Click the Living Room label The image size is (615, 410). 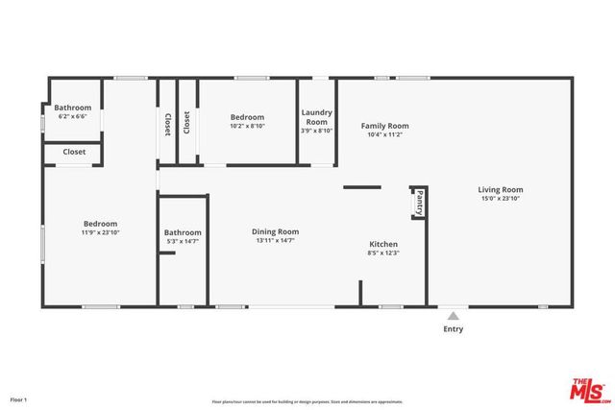click(501, 189)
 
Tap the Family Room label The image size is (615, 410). click(384, 126)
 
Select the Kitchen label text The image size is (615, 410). click(382, 244)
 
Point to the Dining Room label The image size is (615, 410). click(275, 231)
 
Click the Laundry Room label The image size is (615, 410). click(317, 117)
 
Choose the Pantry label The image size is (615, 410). click(419, 203)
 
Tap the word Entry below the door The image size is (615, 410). click(453, 329)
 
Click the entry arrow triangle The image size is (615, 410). click(453, 313)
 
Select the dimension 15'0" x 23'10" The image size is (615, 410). click(501, 200)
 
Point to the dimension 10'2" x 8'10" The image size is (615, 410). click(247, 125)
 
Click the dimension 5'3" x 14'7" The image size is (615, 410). click(183, 242)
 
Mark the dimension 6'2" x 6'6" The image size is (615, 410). click(72, 116)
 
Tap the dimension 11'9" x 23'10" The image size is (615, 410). click(100, 232)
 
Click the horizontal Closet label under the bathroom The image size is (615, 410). click(74, 152)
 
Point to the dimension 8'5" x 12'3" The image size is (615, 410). click(382, 253)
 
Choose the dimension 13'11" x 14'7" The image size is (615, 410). click(275, 241)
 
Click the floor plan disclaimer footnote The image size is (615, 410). click(307, 401)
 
